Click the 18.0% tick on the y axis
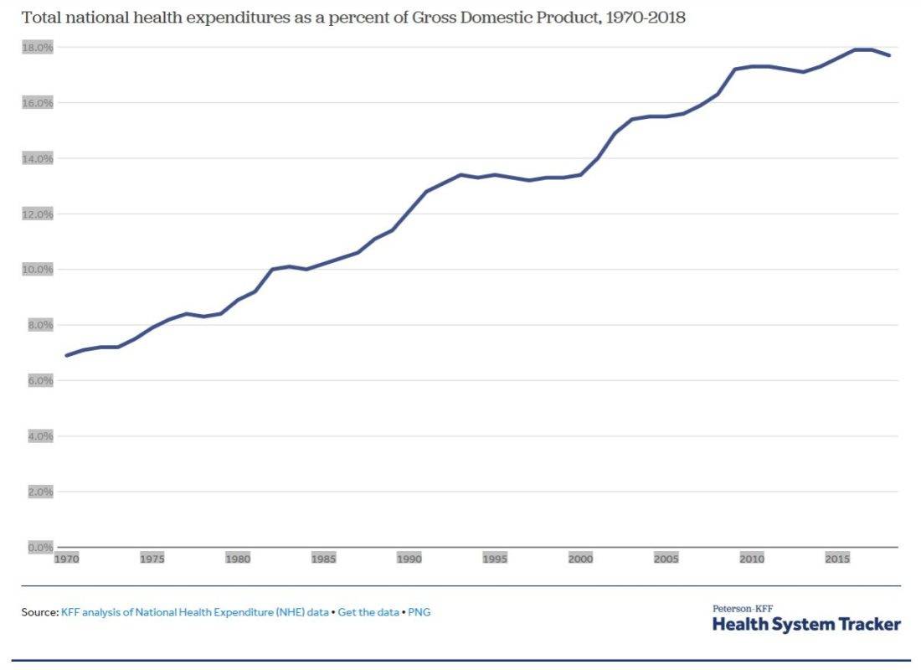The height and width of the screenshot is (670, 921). coord(38,48)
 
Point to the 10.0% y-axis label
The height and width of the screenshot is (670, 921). coord(38,270)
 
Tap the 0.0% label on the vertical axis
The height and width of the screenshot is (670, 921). coord(40,547)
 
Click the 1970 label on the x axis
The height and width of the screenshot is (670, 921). coord(66,559)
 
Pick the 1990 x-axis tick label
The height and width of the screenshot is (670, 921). coord(409,559)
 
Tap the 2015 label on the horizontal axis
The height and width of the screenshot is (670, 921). coord(837,559)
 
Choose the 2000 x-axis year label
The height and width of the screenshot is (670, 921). coord(580,559)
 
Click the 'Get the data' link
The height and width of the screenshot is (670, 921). coord(368,612)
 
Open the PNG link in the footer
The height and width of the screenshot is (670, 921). coord(419,612)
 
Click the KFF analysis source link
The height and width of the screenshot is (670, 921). coord(194,612)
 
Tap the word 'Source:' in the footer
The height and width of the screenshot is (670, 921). coord(39,612)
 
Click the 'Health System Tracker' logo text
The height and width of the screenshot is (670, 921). coord(806,625)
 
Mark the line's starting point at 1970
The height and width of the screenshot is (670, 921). coord(66,356)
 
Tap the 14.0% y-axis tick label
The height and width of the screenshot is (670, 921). coord(38,158)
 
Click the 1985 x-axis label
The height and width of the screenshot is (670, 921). coord(323,559)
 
